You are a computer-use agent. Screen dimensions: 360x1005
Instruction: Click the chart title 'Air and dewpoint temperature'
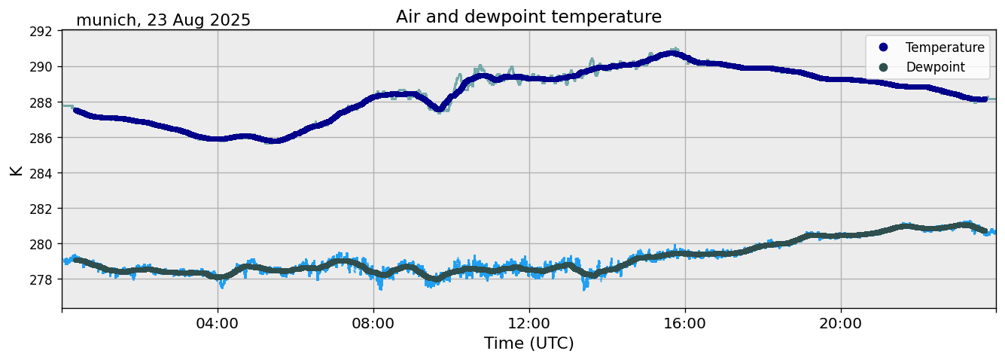528,17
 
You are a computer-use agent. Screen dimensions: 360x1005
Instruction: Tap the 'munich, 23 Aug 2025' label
163,20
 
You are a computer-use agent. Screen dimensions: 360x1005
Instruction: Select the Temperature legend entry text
945,47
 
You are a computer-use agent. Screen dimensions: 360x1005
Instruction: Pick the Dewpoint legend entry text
935,67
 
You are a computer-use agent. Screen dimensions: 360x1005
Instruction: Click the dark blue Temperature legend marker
883,47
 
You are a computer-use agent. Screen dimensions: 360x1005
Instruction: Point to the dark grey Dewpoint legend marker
883,67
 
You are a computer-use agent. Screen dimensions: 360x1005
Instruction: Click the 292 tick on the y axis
41,32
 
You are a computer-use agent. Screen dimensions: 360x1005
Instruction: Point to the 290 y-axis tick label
41,67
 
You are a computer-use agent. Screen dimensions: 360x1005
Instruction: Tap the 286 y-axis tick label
41,138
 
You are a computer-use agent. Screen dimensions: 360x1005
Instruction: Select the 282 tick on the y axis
41,209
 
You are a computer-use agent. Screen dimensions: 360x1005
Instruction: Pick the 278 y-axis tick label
41,279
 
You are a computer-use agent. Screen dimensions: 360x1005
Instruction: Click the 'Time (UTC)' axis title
528,343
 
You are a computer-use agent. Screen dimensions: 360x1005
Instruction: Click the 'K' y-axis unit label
17,170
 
